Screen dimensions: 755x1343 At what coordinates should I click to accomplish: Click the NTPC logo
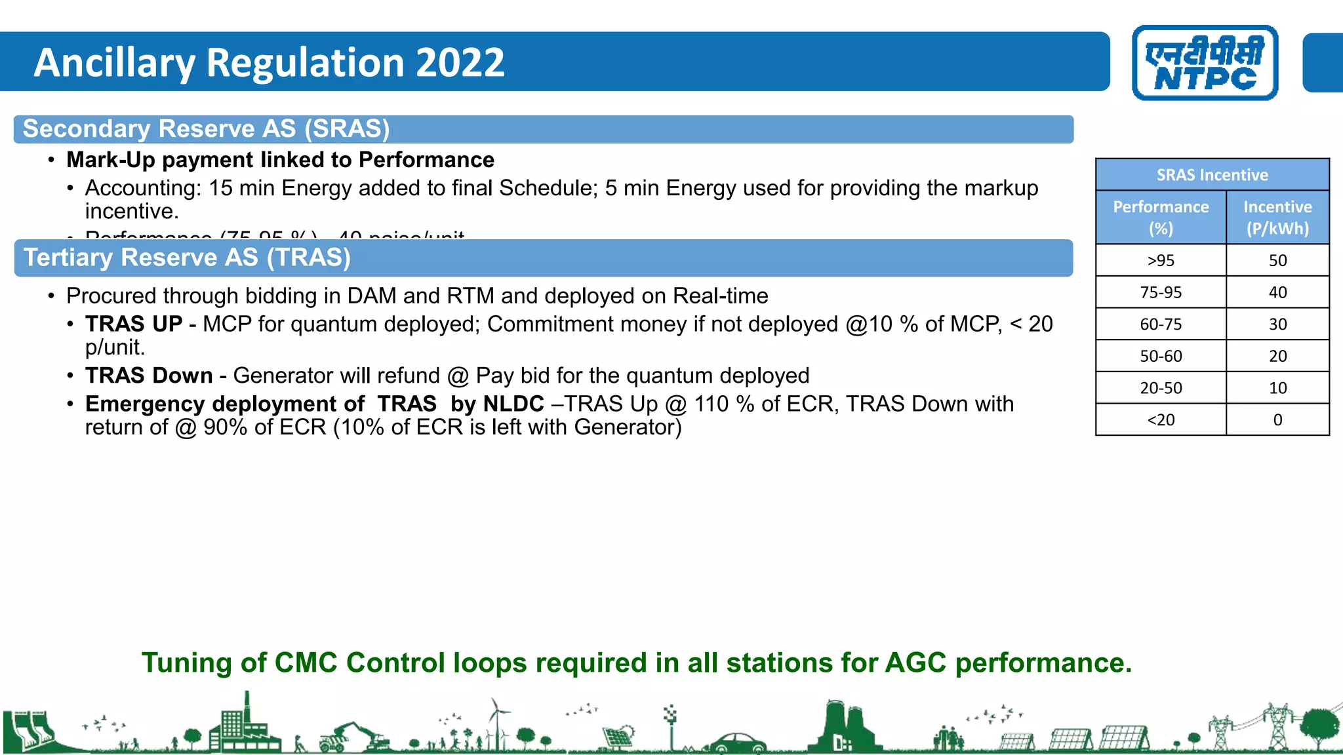(1205, 63)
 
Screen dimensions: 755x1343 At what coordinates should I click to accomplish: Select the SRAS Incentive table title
(1212, 175)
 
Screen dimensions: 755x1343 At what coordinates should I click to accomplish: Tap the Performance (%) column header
(1160, 218)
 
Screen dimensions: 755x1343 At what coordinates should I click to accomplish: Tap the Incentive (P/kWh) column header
(1277, 218)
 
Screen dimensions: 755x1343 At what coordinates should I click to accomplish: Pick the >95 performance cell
(1160, 260)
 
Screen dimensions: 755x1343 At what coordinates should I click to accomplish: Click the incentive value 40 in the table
(1277, 292)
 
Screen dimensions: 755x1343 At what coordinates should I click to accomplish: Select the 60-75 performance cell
(1160, 324)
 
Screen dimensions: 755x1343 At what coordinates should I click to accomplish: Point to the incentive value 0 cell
(1277, 419)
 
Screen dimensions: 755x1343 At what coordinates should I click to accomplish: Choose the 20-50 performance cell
(1160, 388)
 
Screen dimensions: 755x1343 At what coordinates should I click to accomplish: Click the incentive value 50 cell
(1277, 260)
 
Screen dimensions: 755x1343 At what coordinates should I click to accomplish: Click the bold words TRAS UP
(134, 324)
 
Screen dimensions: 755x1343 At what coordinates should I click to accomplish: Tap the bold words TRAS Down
(149, 376)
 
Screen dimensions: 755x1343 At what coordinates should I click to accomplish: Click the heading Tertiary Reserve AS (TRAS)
(187, 258)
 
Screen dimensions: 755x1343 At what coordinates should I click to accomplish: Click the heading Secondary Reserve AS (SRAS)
(206, 129)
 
